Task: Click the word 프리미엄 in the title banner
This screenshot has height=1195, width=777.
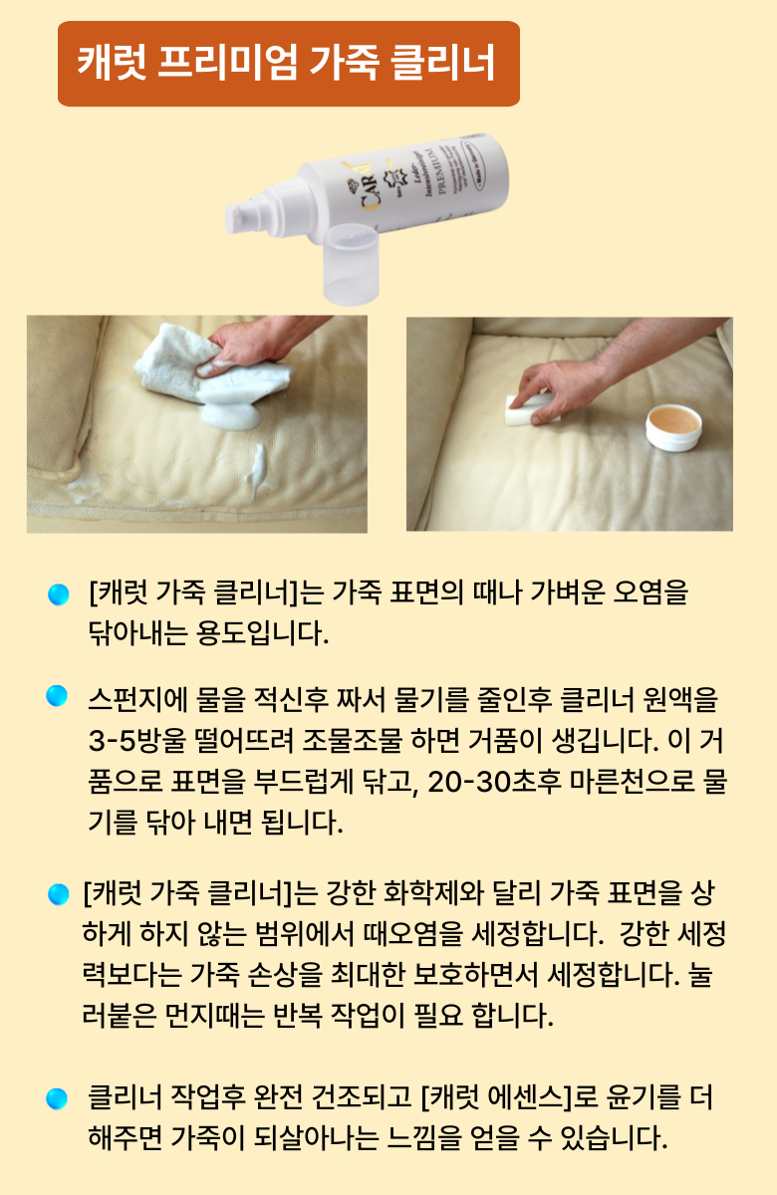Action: click(228, 63)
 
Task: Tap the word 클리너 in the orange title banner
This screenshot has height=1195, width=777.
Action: click(443, 63)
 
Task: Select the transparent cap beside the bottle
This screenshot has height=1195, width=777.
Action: click(352, 264)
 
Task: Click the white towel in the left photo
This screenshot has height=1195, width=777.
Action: click(212, 368)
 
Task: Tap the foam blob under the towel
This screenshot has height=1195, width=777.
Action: click(232, 413)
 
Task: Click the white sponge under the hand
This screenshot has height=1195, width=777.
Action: click(528, 409)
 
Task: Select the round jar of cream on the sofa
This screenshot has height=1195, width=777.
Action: click(673, 428)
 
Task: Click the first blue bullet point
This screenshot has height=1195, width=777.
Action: click(58, 595)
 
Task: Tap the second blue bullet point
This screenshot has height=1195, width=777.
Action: click(57, 696)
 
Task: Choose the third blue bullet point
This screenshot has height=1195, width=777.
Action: click(58, 894)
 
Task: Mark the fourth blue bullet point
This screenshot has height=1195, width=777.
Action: click(57, 1098)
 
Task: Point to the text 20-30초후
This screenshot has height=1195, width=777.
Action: click(495, 781)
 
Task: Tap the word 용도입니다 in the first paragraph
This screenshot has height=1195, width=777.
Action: click(263, 633)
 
